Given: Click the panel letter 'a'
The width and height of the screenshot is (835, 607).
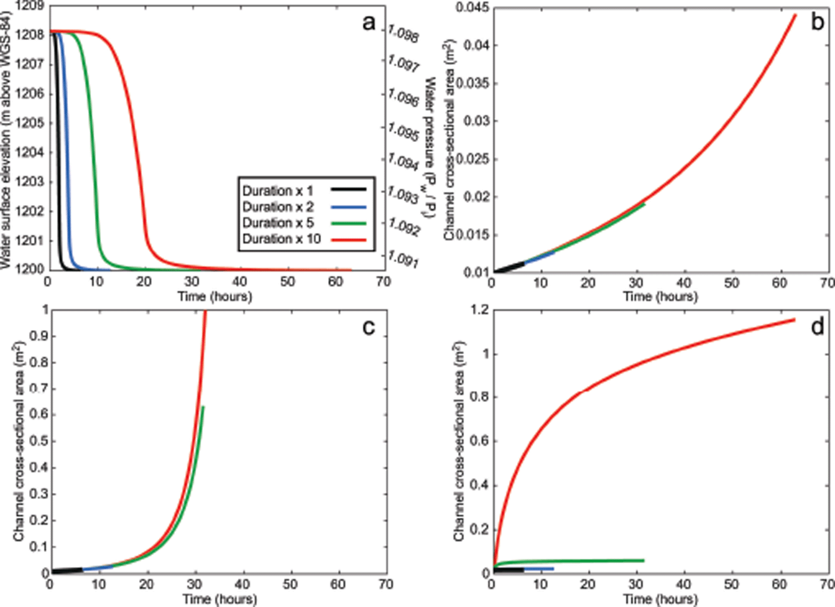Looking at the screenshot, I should click(369, 23).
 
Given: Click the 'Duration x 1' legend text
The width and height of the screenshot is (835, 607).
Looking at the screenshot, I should click(277, 191).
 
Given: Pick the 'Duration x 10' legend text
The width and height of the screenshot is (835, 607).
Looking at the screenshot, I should click(282, 239).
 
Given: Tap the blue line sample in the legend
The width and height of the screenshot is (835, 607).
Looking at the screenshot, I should click(348, 207).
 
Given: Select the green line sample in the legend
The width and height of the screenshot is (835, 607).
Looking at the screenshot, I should click(348, 223).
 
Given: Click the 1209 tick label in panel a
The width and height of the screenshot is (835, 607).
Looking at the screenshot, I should click(30, 6).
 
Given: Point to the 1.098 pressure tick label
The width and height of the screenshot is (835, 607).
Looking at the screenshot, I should click(403, 33).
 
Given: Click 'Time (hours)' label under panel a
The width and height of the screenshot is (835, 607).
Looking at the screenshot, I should click(215, 296).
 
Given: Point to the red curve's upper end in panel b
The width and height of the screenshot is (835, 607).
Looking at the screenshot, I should click(795, 15).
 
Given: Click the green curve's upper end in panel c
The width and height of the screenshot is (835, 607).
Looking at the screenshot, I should click(203, 407).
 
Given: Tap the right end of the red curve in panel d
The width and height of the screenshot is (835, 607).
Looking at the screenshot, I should click(794, 320).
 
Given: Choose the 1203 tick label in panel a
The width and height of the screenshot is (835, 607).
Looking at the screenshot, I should click(30, 181).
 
